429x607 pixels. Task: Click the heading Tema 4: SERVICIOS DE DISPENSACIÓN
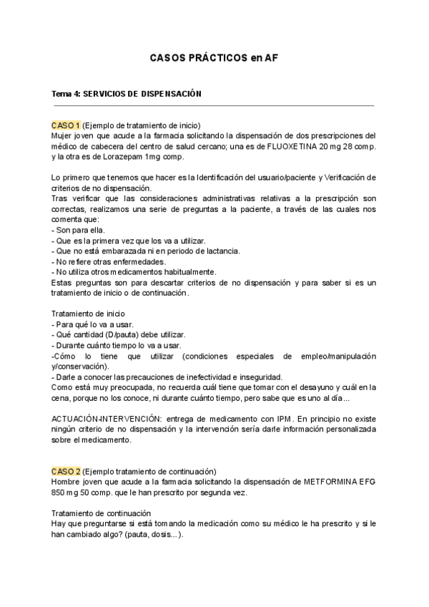click(x=127, y=93)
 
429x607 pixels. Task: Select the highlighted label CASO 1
click(x=66, y=125)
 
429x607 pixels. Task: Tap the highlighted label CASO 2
click(x=66, y=471)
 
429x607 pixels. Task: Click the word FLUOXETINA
click(x=294, y=146)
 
